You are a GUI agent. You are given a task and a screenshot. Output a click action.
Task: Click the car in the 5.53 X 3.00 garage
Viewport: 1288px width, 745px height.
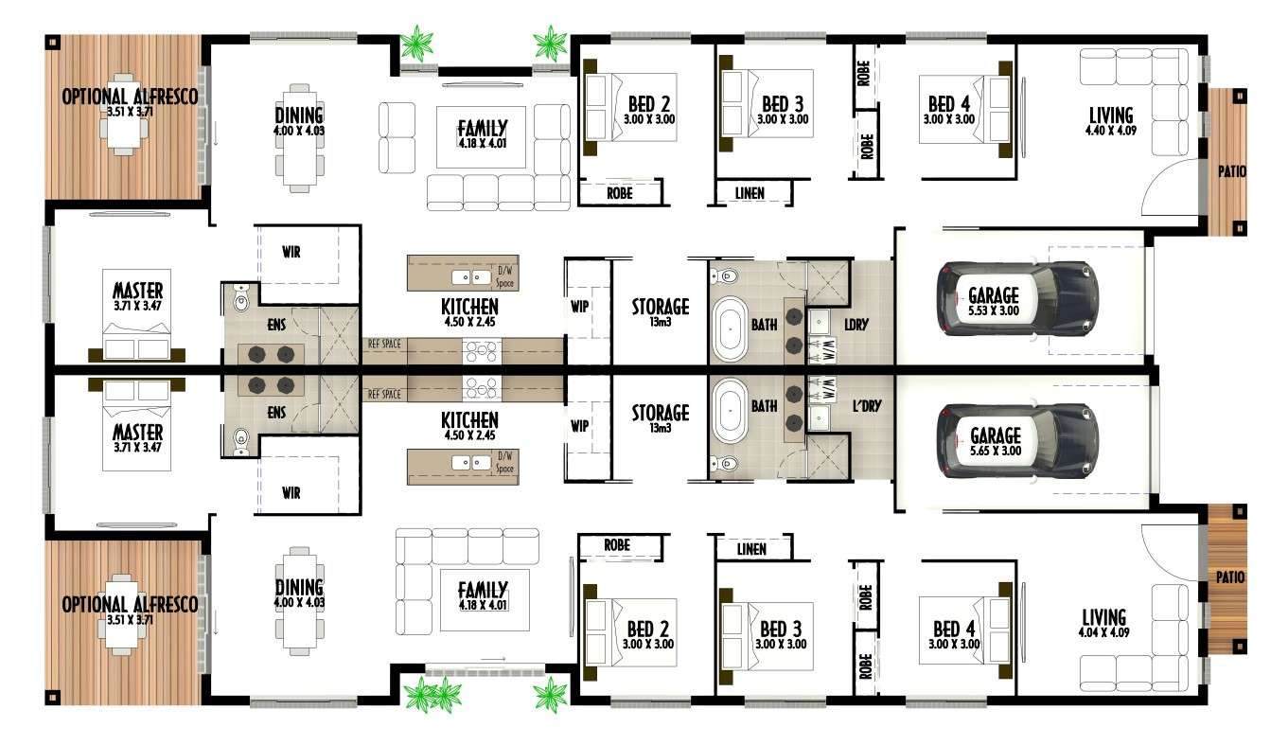coord(1017,298)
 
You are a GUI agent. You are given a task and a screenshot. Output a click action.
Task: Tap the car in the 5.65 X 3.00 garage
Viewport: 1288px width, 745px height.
coord(1017,441)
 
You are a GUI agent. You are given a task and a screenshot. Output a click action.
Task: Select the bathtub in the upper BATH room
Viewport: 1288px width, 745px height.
coord(731,328)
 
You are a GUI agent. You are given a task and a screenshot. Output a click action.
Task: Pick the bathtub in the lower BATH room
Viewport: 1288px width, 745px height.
coord(731,410)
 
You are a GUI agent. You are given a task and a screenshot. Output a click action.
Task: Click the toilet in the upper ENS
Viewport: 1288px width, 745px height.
coord(240,299)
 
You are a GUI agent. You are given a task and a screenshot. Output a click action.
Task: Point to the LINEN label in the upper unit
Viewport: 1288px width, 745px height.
coord(750,193)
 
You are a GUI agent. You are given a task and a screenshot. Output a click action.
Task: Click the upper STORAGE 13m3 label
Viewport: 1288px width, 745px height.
coord(661,311)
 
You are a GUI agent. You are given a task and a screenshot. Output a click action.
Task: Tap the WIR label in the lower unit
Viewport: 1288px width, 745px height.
coord(291,492)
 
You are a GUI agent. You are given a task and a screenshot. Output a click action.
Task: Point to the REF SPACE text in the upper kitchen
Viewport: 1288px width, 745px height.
coord(384,344)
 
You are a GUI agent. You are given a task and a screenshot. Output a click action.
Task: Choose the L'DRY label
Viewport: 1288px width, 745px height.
coord(867,405)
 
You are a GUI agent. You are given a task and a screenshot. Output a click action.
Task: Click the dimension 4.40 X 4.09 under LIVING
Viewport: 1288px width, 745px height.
coord(1110,131)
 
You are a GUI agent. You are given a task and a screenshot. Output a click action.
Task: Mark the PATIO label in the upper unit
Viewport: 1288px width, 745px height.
coord(1231,170)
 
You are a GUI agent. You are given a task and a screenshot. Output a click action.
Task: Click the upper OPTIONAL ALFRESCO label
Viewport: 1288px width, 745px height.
coord(130,96)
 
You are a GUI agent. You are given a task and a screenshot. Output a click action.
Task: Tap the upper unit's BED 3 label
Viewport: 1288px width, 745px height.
coord(783,104)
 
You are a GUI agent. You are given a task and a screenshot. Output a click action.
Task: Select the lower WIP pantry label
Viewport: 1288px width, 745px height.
coord(579,426)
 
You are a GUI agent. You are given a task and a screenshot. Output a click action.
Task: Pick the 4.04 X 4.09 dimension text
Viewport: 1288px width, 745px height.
coord(1103,632)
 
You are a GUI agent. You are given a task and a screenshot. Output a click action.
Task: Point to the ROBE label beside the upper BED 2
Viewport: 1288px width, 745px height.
coord(619,193)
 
